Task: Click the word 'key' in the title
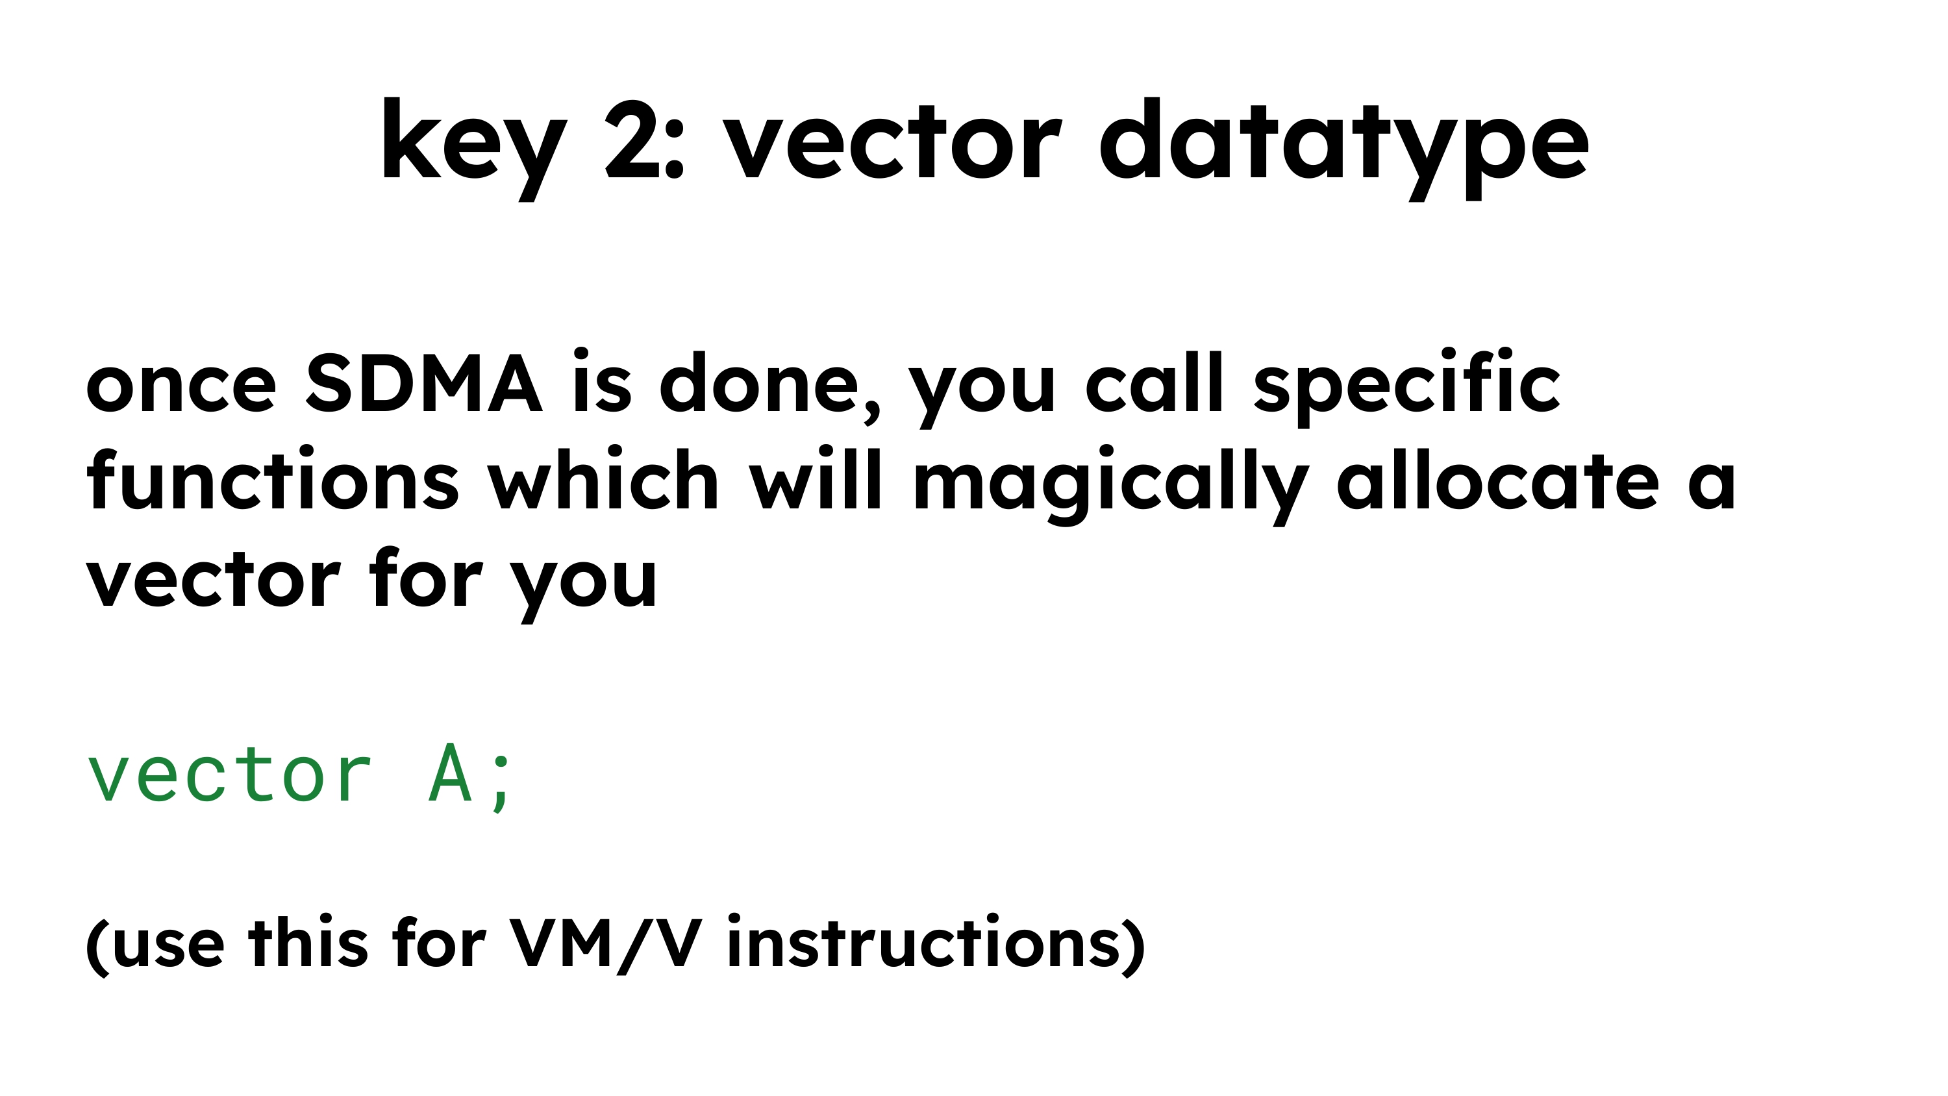pyautogui.click(x=473, y=143)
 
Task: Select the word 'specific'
pyautogui.click(x=1406, y=386)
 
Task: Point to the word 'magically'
pyautogui.click(x=1111, y=484)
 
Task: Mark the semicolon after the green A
pyautogui.click(x=501, y=781)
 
